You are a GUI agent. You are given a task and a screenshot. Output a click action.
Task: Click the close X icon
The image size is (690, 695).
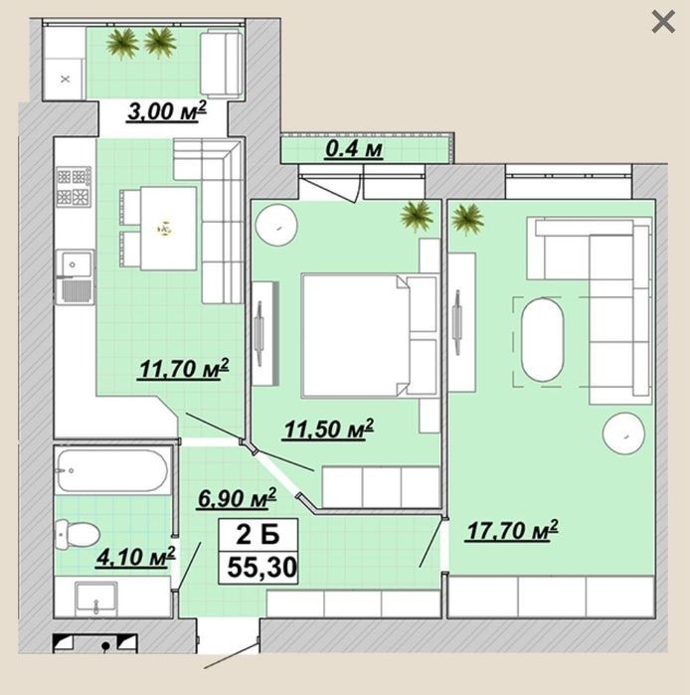point(663,22)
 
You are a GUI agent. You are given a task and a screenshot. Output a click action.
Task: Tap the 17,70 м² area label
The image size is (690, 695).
point(512,531)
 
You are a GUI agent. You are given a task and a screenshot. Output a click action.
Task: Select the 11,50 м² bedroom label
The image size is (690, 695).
point(328,430)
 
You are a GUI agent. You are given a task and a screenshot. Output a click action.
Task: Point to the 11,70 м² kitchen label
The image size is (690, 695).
point(184,368)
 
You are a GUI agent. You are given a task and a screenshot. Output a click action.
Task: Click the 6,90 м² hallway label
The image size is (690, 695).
point(237,498)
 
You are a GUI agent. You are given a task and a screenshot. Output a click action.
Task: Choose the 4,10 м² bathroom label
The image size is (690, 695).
point(136,557)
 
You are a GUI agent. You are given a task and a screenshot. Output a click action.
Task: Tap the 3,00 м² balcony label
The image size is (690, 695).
point(167,110)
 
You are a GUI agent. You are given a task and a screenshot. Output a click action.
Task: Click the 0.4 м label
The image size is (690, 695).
point(354,149)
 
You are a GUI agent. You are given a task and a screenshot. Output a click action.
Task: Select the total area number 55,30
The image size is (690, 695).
point(261,568)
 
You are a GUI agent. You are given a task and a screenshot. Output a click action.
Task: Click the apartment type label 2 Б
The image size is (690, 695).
point(258,534)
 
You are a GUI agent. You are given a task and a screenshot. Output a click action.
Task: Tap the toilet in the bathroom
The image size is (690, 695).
point(77,534)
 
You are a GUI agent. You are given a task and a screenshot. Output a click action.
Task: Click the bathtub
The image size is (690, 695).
point(112,470)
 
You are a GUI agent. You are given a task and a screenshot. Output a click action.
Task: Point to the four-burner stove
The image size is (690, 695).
point(74,187)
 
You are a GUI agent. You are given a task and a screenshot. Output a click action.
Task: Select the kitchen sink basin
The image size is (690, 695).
point(75,276)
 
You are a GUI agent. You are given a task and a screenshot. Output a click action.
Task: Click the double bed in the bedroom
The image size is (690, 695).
point(369,335)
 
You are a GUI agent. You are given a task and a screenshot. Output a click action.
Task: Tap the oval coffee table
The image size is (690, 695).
point(543,340)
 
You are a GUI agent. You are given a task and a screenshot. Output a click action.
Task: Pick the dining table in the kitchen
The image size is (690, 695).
point(168,229)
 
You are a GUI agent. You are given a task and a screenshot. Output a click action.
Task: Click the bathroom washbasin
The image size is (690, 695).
point(96,599)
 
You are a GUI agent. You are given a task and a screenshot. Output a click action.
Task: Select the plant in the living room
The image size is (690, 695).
point(466,219)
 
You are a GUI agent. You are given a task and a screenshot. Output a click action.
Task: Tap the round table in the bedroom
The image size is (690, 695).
point(277,225)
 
